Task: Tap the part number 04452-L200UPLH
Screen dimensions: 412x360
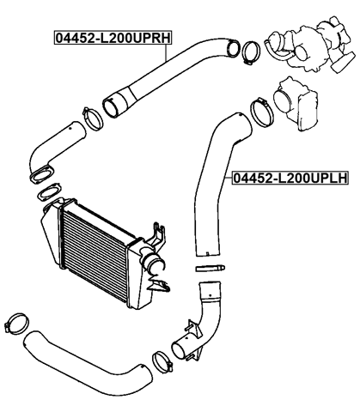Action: point(289,179)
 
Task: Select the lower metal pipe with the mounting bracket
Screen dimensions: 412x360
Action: point(197,330)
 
